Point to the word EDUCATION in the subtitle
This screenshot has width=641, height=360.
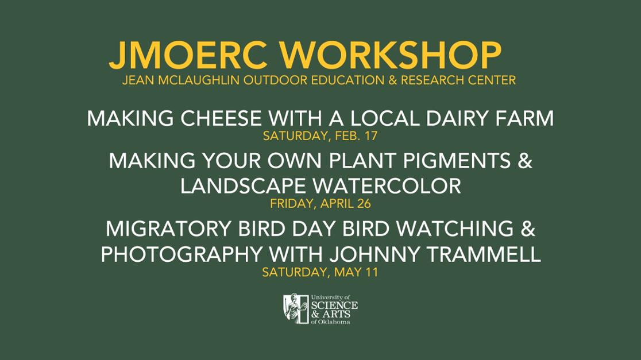click(x=348, y=80)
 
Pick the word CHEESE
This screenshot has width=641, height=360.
click(x=221, y=118)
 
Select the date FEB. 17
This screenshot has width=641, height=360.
click(x=356, y=136)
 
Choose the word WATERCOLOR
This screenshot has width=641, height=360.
click(x=387, y=186)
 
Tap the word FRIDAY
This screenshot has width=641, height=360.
click(x=293, y=203)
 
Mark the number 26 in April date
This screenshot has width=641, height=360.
click(x=364, y=203)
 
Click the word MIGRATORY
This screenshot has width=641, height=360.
click(x=168, y=229)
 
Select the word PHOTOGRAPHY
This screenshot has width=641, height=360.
click(x=181, y=254)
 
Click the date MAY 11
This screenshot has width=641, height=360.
click(x=356, y=272)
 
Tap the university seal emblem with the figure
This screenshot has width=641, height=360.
click(x=296, y=308)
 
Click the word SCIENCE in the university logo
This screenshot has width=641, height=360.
click(x=334, y=305)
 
